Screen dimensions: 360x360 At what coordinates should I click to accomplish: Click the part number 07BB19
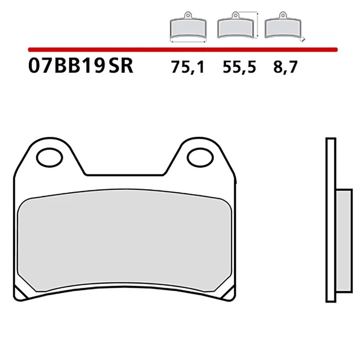(x=67, y=67)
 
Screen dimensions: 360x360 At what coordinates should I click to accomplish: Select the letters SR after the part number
(x=121, y=67)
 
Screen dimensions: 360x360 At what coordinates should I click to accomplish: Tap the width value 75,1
(x=188, y=67)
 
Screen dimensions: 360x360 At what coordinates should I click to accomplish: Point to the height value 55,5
(x=239, y=67)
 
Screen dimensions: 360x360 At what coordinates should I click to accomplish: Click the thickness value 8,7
(x=285, y=67)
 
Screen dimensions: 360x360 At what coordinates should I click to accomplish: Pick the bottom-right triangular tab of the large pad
(x=229, y=293)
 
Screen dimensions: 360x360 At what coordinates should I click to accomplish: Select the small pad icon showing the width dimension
(x=188, y=28)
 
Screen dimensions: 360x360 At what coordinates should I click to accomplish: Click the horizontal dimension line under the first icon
(x=188, y=41)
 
